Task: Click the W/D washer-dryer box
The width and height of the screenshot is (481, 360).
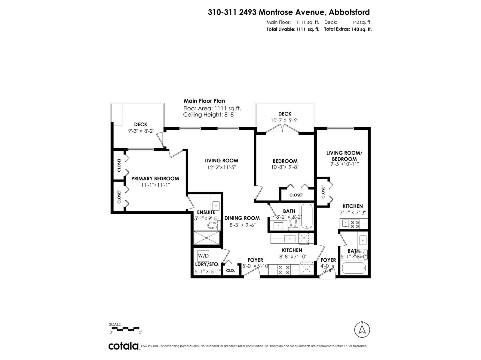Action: pos(203,256)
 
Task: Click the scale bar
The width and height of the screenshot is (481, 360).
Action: pos(124,329)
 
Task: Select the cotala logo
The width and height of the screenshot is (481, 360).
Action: pos(124,346)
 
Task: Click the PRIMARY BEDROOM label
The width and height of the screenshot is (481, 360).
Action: pos(155,178)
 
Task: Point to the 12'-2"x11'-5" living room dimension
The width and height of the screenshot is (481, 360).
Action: pos(221,168)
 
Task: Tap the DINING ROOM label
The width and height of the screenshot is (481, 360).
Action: pos(242,218)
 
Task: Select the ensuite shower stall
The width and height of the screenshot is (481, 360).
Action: pos(207,238)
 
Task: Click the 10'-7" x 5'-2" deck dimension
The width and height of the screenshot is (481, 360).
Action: pos(285,121)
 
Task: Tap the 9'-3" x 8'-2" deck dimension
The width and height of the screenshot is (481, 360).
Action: pos(140,131)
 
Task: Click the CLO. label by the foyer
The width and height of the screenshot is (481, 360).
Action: pos(230,270)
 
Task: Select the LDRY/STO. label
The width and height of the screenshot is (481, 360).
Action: pos(207,265)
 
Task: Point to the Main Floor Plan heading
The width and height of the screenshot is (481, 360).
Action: pos(204,101)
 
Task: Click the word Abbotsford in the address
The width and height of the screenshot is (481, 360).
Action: pos(349,12)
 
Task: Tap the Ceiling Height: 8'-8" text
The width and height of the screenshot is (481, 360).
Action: pos(212,115)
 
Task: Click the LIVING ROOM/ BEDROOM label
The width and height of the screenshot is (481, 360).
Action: pos(344,156)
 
